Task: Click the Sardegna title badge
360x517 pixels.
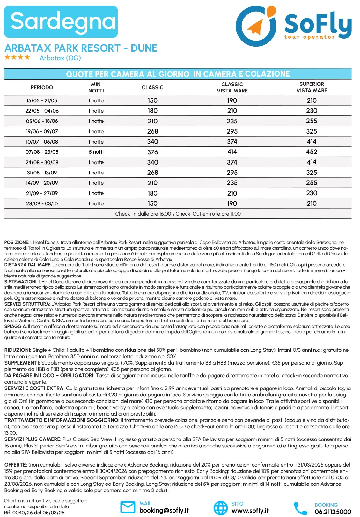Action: point(61,22)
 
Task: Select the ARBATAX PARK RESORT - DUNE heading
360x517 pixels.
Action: point(81,48)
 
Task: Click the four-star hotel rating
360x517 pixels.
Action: point(17,57)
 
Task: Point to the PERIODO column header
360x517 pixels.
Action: point(42,87)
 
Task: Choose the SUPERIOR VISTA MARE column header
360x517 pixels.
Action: point(312,87)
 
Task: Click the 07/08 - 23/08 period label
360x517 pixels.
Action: point(42,152)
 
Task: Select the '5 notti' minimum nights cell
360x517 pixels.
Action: point(96,152)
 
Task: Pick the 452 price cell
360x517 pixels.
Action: point(312,152)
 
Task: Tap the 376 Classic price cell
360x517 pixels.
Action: point(152,152)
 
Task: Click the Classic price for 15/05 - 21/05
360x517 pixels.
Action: point(152,100)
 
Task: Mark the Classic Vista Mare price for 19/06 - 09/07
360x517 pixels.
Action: point(232,131)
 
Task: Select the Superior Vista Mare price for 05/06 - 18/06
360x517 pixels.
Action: point(312,121)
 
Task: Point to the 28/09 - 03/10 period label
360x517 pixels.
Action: point(42,203)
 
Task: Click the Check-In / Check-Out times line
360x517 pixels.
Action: point(178,214)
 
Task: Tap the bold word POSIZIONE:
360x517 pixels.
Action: point(17,242)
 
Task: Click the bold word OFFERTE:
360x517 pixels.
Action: point(16,465)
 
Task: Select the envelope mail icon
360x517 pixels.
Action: point(128,507)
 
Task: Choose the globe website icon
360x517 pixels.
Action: point(220,507)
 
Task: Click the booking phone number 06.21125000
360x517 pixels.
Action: point(333,512)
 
